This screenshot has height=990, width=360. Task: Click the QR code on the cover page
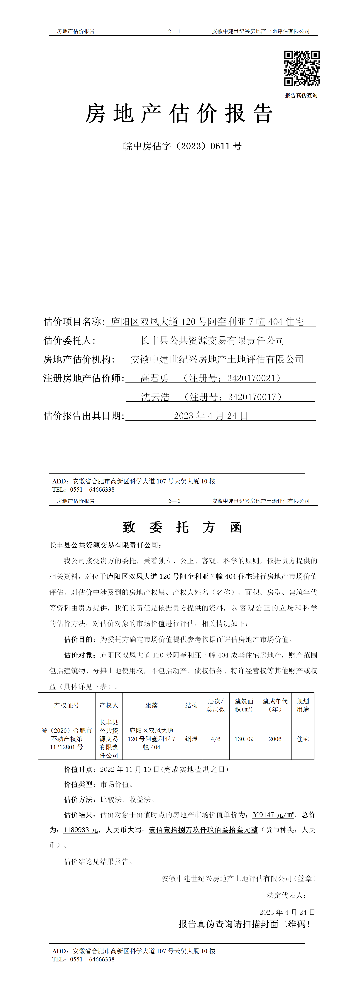302,68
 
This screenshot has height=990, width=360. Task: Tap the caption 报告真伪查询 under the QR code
301,95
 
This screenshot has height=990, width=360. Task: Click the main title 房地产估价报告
179,114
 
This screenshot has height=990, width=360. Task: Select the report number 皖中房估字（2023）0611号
182,146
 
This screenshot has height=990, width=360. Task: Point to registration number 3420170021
251,378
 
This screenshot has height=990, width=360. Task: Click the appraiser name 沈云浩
155,397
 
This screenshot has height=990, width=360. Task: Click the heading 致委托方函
182,527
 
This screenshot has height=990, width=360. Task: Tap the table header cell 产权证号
66,705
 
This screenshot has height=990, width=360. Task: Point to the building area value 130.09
244,739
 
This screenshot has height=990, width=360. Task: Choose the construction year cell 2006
275,739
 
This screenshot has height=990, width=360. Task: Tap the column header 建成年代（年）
275,705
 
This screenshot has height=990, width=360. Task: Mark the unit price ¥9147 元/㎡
273,815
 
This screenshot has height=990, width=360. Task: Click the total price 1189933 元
80,830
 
